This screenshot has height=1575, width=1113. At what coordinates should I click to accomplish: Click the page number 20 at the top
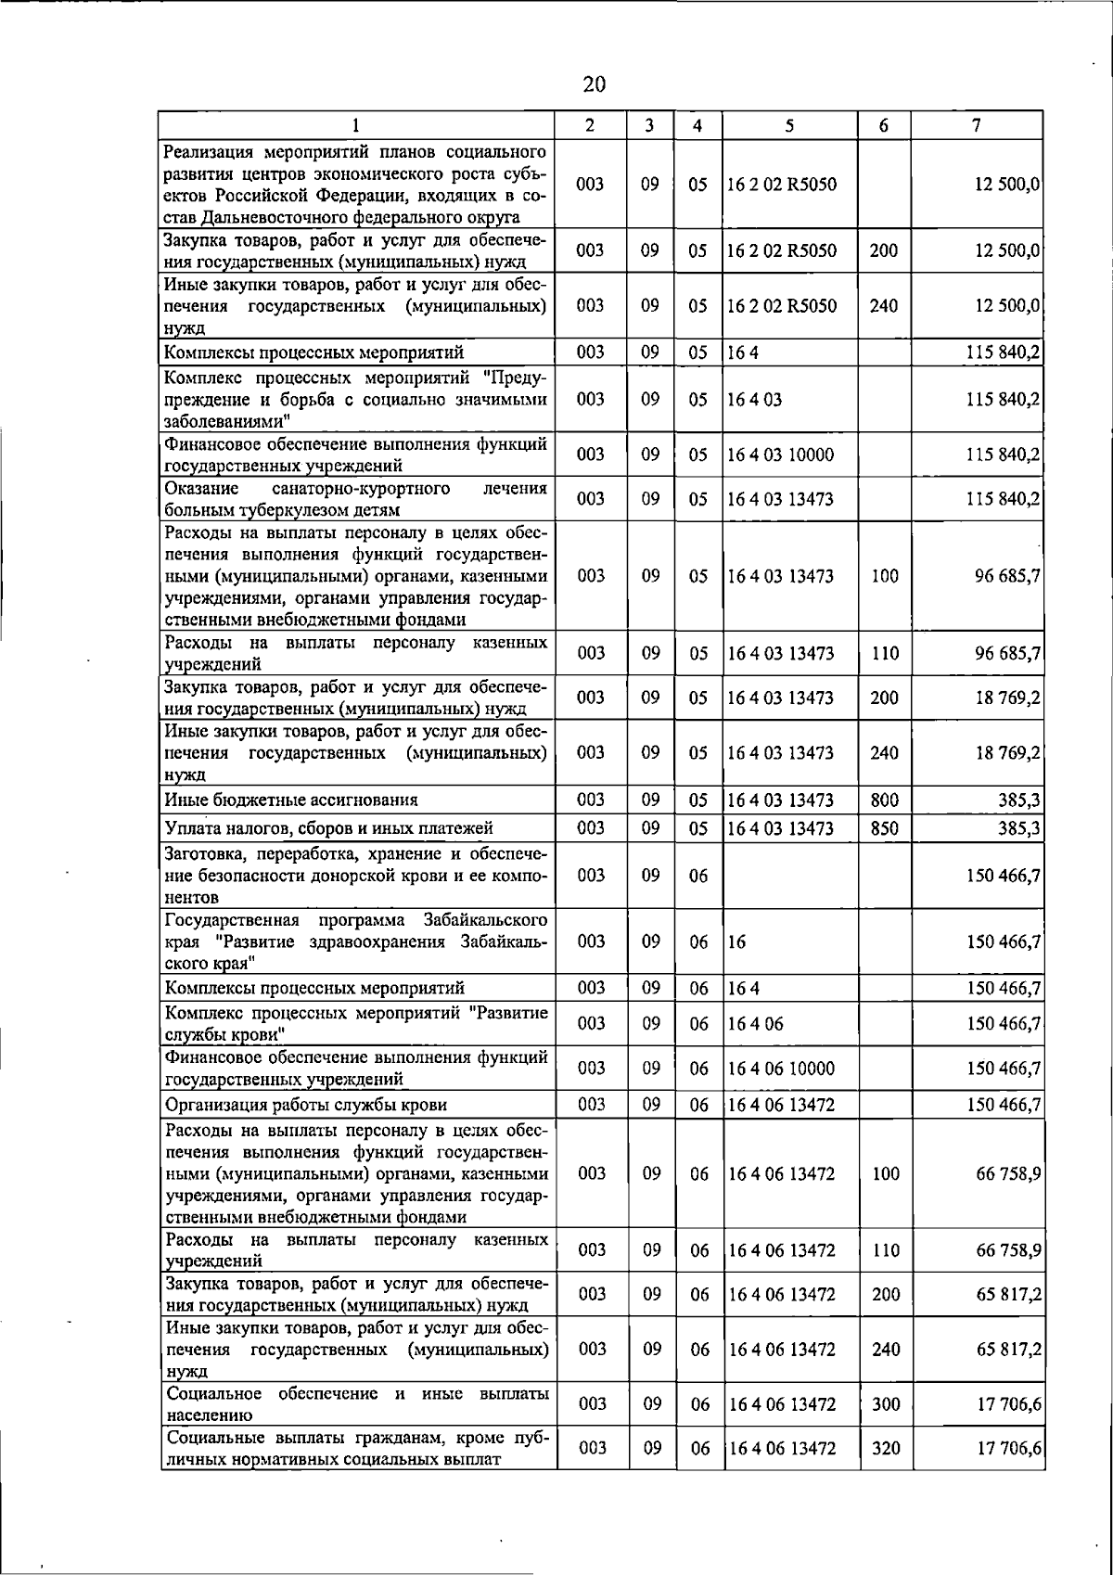594,84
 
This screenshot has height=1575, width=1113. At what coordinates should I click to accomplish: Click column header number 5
788,125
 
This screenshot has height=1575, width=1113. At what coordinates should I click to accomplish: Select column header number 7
977,125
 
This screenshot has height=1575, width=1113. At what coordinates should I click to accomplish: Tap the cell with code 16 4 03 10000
781,455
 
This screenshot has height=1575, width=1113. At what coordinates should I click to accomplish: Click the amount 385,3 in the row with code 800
1018,800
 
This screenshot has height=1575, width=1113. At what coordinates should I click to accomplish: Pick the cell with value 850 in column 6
884,828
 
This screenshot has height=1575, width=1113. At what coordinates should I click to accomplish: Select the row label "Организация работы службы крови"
306,1105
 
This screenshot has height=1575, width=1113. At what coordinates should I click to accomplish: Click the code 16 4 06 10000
782,1069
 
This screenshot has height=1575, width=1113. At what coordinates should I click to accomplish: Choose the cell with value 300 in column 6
886,1404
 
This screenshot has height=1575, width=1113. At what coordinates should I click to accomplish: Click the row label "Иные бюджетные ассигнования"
291,800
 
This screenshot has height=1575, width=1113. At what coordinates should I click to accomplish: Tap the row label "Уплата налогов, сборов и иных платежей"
328,828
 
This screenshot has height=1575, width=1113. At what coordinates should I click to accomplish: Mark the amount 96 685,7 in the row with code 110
1007,653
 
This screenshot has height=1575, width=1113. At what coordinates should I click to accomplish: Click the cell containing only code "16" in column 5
737,941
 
